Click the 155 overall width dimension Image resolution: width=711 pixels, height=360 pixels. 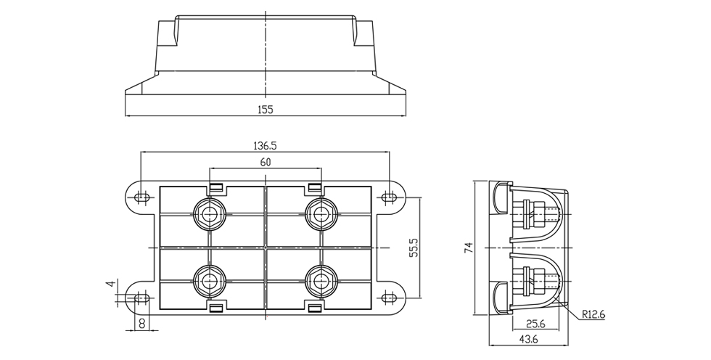click(266, 110)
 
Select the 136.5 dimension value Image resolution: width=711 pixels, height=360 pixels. click(266, 145)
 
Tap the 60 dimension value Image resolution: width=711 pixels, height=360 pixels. click(266, 163)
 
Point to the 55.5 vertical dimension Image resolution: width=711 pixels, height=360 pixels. click(414, 247)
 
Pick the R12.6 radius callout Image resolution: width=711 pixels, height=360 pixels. click(593, 315)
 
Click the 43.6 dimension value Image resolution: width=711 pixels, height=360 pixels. click(529, 339)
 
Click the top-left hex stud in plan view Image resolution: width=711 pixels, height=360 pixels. click(210, 213)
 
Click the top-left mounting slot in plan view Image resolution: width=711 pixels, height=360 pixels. click(141, 197)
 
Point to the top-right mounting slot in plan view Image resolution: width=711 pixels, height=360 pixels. click(390, 197)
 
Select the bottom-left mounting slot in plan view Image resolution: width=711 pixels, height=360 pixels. click(141, 298)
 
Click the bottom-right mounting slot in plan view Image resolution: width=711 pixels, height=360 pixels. click(390, 298)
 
